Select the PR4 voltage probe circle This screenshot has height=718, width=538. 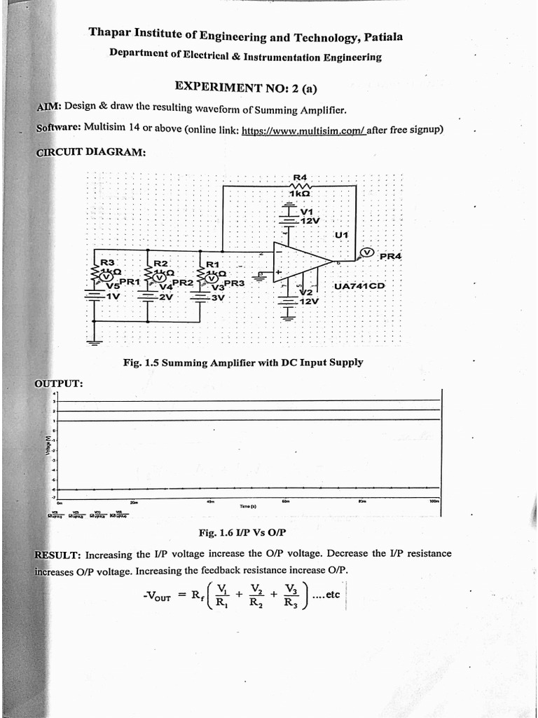pyautogui.click(x=366, y=253)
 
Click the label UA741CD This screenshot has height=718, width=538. pyautogui.click(x=360, y=286)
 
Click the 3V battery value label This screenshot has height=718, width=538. pyautogui.click(x=217, y=297)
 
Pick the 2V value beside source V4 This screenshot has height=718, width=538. pyautogui.click(x=165, y=297)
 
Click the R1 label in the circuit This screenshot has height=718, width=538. pyautogui.click(x=212, y=264)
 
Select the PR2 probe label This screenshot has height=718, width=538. pyautogui.click(x=182, y=282)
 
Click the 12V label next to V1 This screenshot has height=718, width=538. pyautogui.click(x=310, y=220)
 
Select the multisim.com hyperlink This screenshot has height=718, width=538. pyautogui.click(x=303, y=130)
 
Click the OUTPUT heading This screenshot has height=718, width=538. pyautogui.click(x=60, y=383)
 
